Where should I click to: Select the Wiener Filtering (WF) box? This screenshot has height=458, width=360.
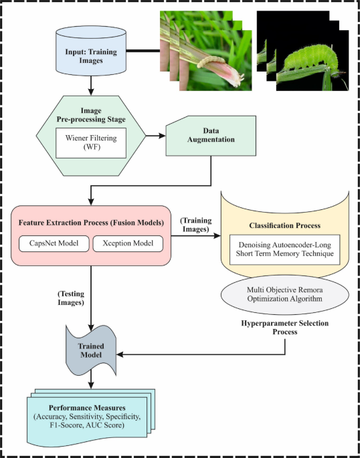90,142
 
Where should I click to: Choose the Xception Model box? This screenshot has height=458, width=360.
127,243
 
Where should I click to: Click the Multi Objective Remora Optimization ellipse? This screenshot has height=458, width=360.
284,294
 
